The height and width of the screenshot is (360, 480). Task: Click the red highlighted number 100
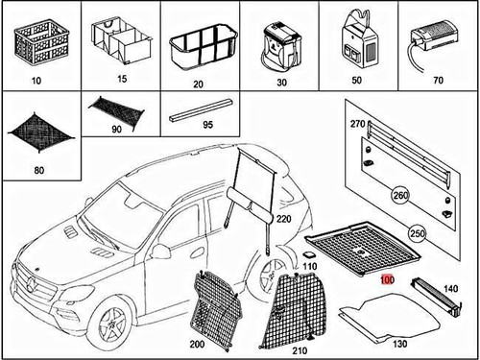tap(386, 279)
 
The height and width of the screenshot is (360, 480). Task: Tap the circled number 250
tap(417, 233)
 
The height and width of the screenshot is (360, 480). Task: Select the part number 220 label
tap(283, 219)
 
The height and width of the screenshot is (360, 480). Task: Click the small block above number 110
tap(307, 254)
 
